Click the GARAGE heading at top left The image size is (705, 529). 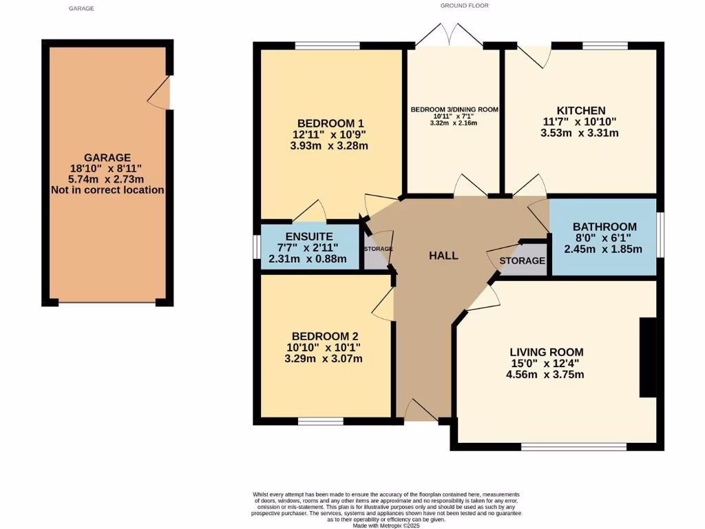[x=81, y=8]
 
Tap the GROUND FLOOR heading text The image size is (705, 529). [x=464, y=6]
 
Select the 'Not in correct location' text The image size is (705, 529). [x=107, y=189]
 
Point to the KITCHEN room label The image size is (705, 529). [x=581, y=110]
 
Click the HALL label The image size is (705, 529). [x=443, y=256]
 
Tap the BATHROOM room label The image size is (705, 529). [x=604, y=227]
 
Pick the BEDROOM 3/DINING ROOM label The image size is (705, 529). [x=454, y=110]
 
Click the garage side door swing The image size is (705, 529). [x=160, y=93]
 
